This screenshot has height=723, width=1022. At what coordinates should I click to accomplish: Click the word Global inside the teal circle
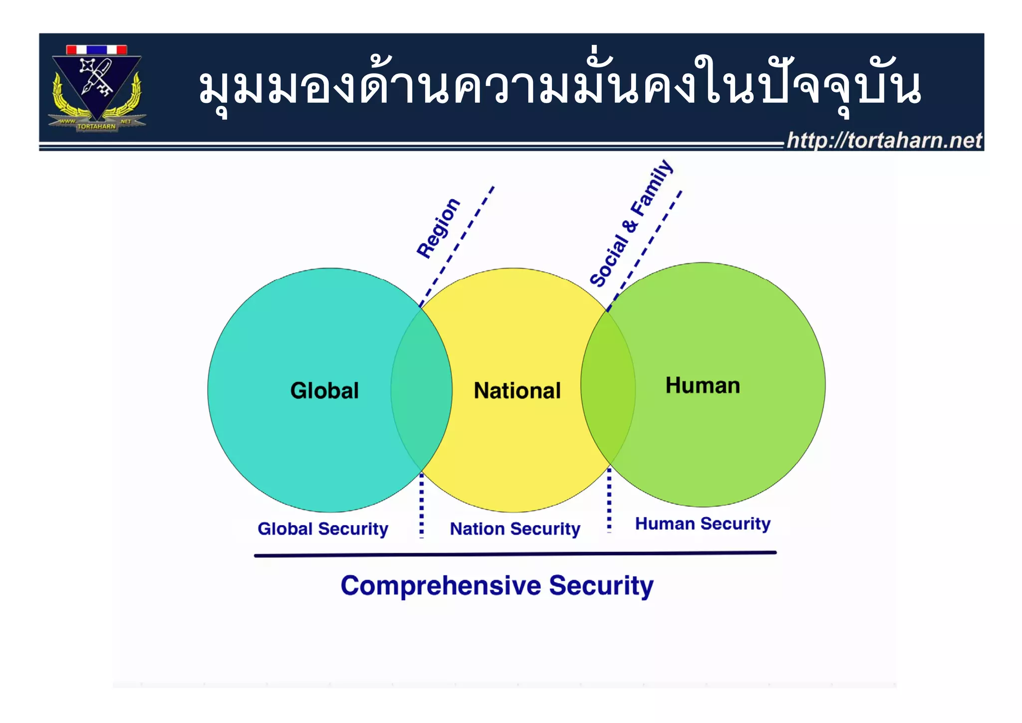click(x=324, y=390)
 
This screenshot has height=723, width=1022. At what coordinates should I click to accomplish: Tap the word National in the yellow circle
click(x=517, y=390)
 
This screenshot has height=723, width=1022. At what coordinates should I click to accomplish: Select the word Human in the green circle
click(x=703, y=385)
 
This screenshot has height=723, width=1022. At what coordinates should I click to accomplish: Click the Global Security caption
click(x=323, y=529)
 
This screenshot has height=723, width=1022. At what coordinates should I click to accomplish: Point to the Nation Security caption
click(x=515, y=529)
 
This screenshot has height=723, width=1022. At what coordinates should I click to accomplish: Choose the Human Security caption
click(x=703, y=524)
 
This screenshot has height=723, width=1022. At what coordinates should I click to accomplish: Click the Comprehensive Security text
click(x=497, y=586)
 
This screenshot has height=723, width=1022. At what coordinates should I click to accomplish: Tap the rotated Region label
click(x=438, y=228)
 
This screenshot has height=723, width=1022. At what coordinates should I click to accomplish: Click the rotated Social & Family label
click(x=631, y=223)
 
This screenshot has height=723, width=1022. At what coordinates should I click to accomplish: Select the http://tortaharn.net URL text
click(x=884, y=140)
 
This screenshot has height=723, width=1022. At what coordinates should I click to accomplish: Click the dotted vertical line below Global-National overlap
click(x=422, y=504)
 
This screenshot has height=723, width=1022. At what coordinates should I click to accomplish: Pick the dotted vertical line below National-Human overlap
click(x=609, y=499)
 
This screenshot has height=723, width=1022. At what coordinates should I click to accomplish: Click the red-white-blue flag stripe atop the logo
click(x=97, y=50)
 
